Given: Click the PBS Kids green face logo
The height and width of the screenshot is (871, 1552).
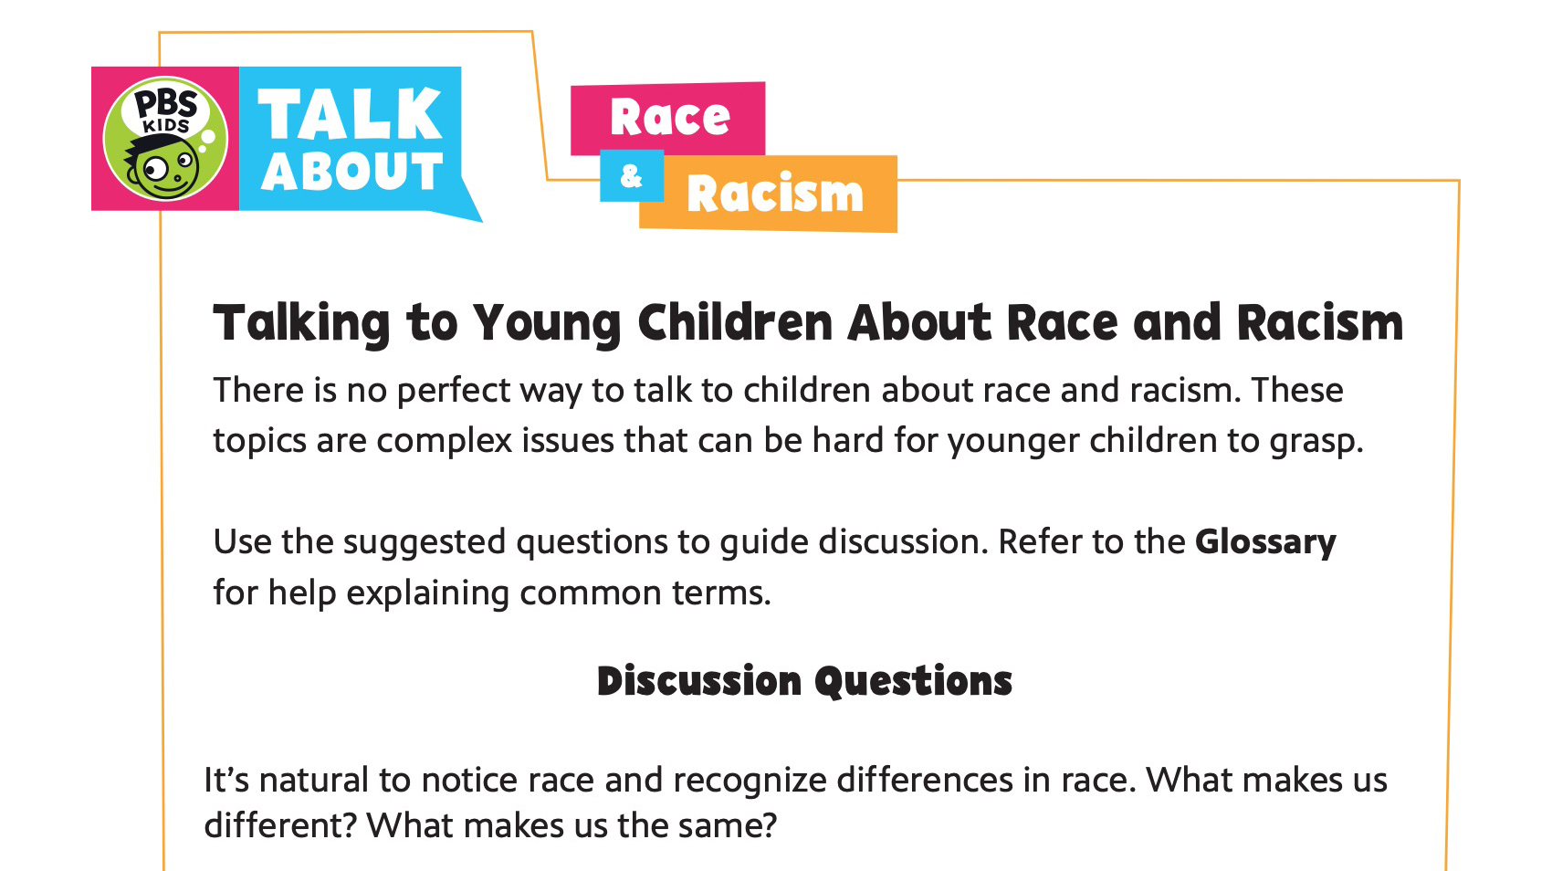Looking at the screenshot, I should tap(165, 139).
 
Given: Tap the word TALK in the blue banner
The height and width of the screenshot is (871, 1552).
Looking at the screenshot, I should tap(350, 115).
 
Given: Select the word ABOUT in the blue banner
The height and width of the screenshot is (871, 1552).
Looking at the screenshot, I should tap(351, 172).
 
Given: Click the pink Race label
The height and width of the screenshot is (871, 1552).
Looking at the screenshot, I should tap(669, 118).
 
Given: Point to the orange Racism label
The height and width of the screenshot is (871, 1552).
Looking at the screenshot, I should tap(774, 194).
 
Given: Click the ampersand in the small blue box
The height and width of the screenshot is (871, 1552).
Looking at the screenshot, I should tap(631, 175).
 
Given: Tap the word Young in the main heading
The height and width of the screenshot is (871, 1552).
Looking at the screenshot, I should tap(546, 324).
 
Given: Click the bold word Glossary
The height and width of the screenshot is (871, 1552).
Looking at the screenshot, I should tap(1265, 542).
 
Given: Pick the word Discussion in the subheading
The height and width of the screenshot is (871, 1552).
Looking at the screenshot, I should tap(698, 681).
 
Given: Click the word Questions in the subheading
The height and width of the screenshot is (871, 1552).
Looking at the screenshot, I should tap(913, 681).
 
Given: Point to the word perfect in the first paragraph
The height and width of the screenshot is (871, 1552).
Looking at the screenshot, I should tap(454, 391).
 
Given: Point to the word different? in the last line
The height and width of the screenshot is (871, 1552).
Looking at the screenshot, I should tap(280, 825).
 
